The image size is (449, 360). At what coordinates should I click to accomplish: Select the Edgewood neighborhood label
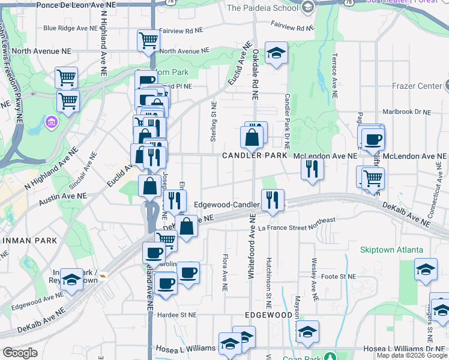coord(268,314)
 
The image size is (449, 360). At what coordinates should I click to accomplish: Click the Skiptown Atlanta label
coord(391,250)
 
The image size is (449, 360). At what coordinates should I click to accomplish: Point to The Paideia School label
coord(262,8)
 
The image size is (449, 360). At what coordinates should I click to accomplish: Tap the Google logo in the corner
coord(19,352)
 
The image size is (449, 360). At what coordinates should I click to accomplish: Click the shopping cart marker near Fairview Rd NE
coord(148,41)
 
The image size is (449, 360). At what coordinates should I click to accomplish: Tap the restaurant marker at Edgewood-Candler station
coord(273,200)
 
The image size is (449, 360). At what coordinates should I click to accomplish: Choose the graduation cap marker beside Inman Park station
coord(71,280)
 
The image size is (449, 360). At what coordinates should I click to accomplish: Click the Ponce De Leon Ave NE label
coord(67,5)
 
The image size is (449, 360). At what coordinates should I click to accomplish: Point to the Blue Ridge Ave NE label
coord(70,28)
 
